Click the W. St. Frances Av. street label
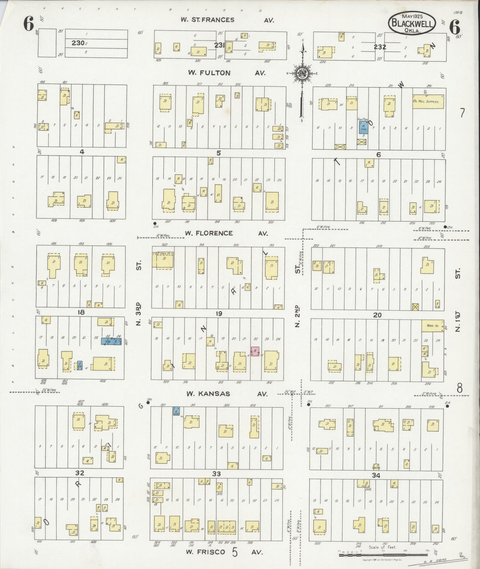click(227, 20)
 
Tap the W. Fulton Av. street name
click(227, 73)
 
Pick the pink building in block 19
click(255, 352)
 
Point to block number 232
click(379, 47)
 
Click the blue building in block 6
click(363, 127)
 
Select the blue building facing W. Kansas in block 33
click(176, 411)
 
